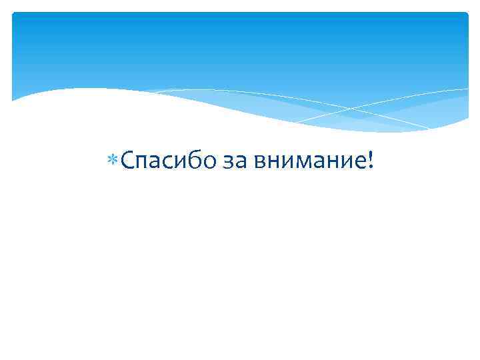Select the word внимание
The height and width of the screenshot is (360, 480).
(x=307, y=162)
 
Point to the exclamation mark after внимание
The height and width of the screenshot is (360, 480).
(x=371, y=160)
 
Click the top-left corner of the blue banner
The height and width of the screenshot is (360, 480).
(x=13, y=13)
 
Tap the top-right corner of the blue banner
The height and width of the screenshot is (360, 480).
(x=467, y=13)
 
